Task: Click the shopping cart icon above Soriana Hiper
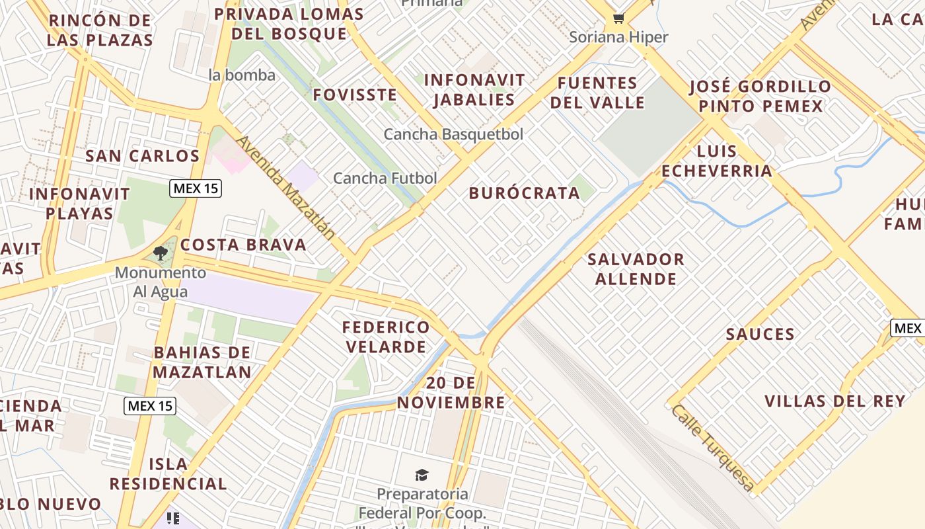click(618, 19)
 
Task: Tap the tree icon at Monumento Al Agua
click(160, 253)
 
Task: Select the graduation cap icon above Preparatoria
click(422, 475)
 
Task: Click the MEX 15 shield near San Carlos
click(195, 188)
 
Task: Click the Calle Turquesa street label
click(712, 448)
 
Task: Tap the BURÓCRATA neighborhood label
click(524, 193)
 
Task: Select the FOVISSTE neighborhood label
click(355, 95)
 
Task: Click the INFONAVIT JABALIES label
click(474, 90)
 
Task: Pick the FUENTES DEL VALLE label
click(597, 93)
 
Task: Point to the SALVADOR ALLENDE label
click(636, 268)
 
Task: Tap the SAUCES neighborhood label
click(760, 334)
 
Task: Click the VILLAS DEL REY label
click(834, 401)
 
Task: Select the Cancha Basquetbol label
click(453, 134)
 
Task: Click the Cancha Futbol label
click(385, 178)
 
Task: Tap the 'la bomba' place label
click(242, 75)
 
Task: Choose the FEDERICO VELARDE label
click(386, 337)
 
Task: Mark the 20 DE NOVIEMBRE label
click(451, 393)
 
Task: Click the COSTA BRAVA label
click(243, 245)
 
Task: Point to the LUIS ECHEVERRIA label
click(717, 161)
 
